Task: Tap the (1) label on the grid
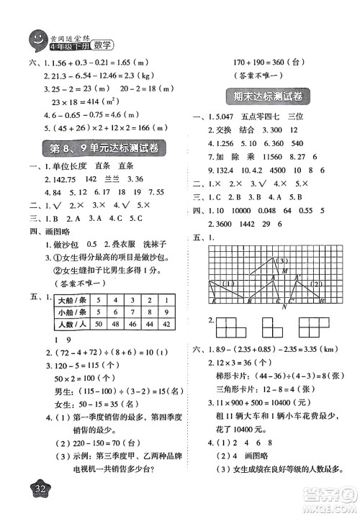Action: (229, 282)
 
